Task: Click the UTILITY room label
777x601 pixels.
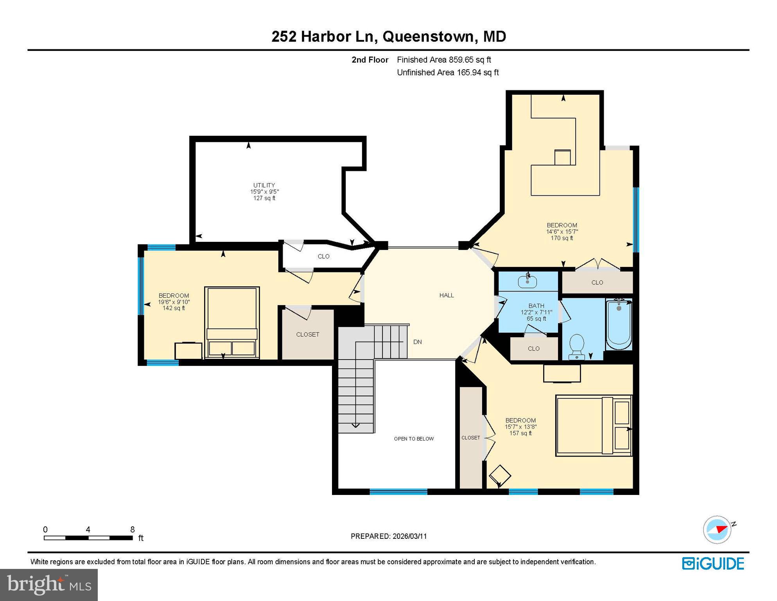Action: [264, 185]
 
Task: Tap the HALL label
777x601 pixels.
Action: [446, 295]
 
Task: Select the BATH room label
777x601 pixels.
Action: [536, 306]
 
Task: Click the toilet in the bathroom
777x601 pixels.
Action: [577, 346]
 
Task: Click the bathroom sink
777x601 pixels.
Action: [528, 281]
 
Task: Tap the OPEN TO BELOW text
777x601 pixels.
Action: [414, 439]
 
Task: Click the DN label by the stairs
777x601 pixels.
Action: [417, 342]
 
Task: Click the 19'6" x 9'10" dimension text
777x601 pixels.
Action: [174, 302]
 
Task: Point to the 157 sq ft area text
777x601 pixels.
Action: [520, 433]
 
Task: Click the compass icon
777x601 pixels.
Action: [717, 530]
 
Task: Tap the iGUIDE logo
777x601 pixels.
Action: [713, 563]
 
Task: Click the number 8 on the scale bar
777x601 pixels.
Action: [133, 529]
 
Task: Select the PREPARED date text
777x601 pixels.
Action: [389, 536]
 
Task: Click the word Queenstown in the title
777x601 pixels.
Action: [428, 36]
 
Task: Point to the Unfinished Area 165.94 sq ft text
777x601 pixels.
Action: [447, 72]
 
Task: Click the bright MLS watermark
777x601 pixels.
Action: [49, 585]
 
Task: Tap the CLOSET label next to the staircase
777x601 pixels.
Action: [307, 335]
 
